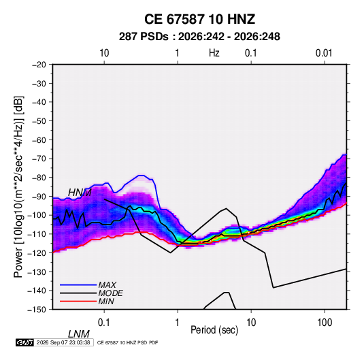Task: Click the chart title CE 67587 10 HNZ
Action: point(199,19)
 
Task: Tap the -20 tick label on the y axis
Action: point(39,65)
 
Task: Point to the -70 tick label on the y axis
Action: point(39,159)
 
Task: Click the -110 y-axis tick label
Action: point(37,234)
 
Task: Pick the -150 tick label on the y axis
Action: point(37,310)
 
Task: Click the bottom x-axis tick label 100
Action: point(325,322)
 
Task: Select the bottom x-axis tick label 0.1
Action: point(104,322)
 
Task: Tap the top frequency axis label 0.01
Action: point(324,53)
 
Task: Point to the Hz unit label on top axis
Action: point(214,53)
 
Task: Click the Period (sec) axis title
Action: point(214,330)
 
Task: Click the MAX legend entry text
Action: point(107,284)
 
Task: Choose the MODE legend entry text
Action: point(110,293)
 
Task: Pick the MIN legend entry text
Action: point(106,301)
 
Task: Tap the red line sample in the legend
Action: point(78,301)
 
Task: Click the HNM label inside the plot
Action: point(80,193)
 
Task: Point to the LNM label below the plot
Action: point(78,334)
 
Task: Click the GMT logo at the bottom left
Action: point(25,342)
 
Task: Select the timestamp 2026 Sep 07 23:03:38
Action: point(63,342)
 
